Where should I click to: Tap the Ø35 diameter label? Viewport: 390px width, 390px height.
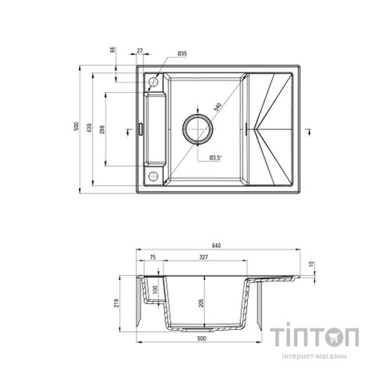point(181,53)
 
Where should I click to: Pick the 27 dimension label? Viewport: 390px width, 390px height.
point(140,51)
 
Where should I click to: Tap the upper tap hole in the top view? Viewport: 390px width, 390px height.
point(154,81)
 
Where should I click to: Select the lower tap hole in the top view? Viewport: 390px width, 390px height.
point(154,175)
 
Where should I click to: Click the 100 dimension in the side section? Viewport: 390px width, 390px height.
point(155,290)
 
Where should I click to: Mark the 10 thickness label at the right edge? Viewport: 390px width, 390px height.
point(310,265)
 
